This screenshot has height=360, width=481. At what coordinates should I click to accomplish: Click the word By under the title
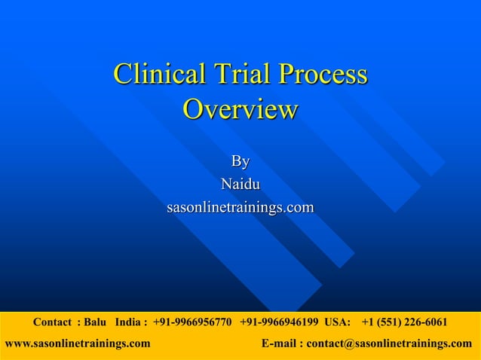[240, 161]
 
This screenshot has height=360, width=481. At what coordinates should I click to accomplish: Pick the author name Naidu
[240, 184]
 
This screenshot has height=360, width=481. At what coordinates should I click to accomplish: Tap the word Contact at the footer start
[52, 322]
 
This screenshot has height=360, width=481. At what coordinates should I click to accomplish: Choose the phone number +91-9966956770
[192, 322]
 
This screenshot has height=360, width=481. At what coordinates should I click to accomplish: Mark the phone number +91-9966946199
[279, 322]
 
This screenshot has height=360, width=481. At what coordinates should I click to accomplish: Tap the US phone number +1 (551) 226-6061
[404, 322]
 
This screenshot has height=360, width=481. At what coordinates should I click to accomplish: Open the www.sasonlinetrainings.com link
[78, 343]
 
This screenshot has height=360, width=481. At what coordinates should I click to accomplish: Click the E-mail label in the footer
[280, 343]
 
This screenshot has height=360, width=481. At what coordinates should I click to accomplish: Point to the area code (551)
[393, 322]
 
